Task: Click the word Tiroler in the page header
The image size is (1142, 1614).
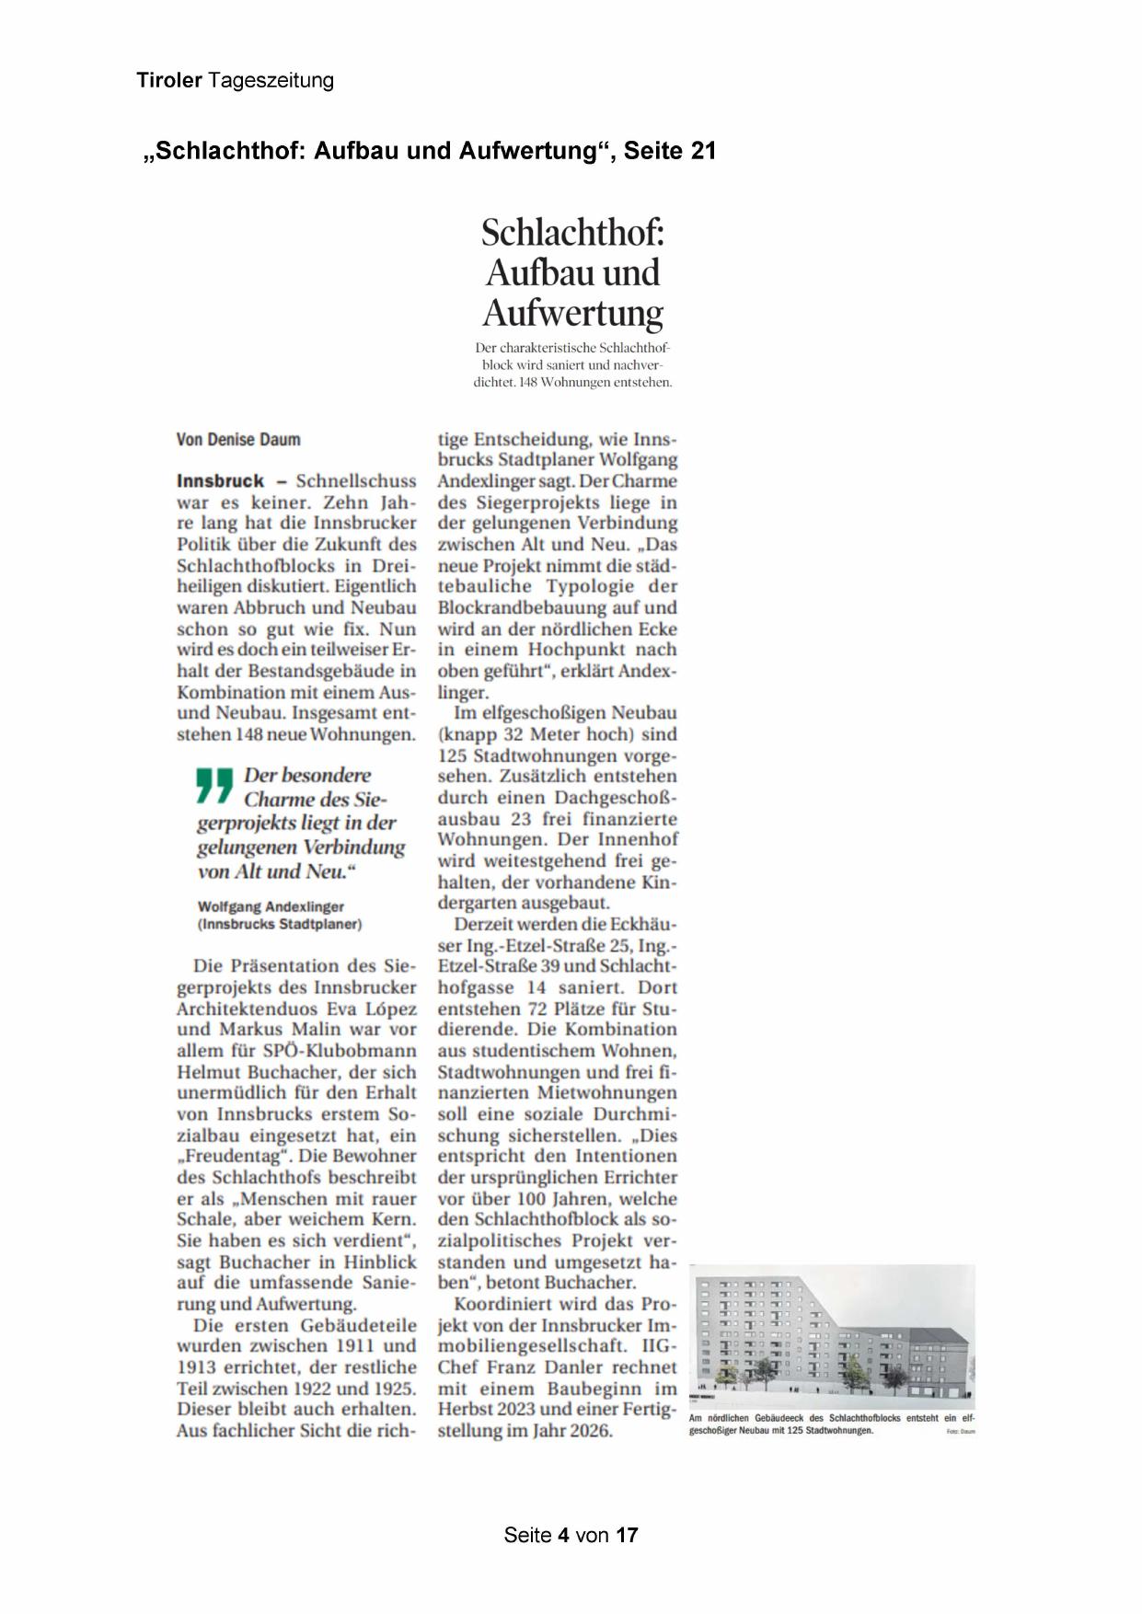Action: pos(169,81)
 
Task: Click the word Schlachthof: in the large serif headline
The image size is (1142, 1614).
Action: pos(572,233)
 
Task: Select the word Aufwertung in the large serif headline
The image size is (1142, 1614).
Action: pos(572,313)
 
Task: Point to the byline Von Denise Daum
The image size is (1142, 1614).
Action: pos(238,440)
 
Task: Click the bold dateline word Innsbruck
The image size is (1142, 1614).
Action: pos(220,481)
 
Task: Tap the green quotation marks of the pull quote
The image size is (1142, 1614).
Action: pos(215,786)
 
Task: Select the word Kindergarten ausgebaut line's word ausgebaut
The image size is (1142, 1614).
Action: pos(565,904)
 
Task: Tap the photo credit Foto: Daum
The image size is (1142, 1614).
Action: pos(960,1432)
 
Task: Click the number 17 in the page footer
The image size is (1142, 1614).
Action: pos(627,1535)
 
